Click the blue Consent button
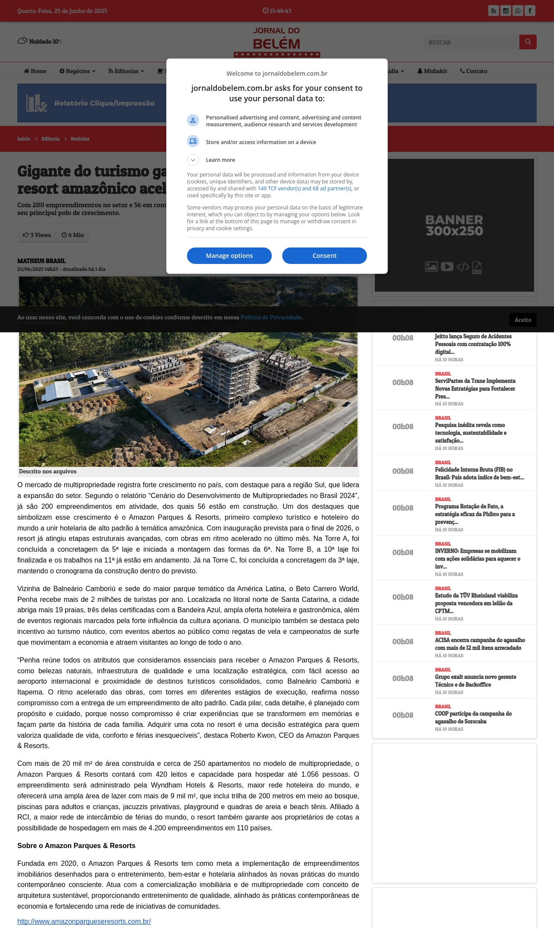coord(324,256)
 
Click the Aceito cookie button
coord(523,320)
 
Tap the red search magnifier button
coord(528,42)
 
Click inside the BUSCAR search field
coord(471,42)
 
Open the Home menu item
coord(35,71)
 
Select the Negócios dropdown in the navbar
coord(77,71)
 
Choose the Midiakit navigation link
coord(432,71)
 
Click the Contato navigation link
coord(473,71)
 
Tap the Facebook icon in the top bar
coord(530,11)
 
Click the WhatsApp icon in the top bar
coord(518,11)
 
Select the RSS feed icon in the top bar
coord(493,11)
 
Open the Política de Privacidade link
coord(271,317)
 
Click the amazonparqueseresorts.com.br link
coord(84,921)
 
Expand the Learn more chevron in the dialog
coord(193,160)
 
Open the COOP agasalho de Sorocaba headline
coord(473,717)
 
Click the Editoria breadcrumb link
coord(50,139)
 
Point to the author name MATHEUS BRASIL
coord(41,261)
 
